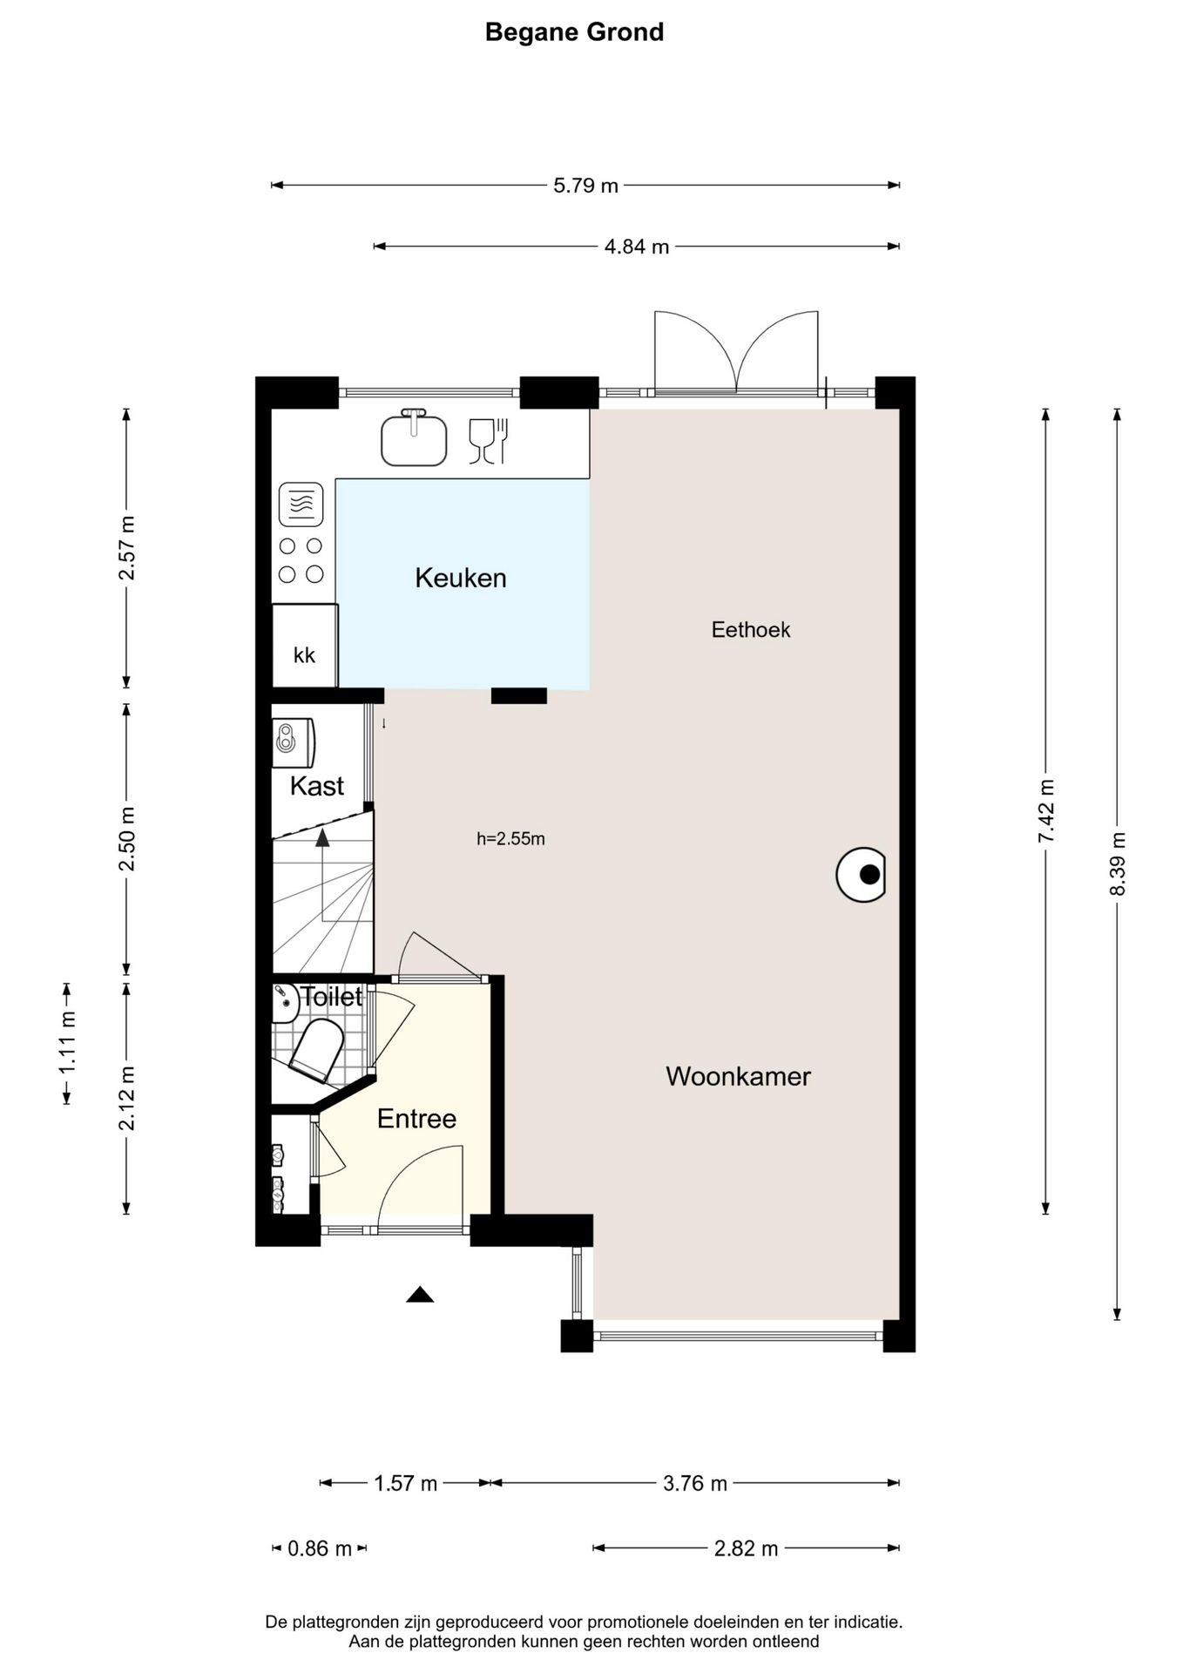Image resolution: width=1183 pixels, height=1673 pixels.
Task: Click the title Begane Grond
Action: point(574,32)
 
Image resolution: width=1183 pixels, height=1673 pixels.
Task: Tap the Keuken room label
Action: point(460,578)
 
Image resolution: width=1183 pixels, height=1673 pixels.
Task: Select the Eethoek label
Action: point(751,630)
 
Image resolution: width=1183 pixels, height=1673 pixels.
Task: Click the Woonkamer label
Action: point(738,1076)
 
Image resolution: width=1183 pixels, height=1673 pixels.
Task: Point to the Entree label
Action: point(416,1119)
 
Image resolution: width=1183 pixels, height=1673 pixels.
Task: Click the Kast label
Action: point(316,786)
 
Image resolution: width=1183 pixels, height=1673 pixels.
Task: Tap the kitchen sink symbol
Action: point(414,437)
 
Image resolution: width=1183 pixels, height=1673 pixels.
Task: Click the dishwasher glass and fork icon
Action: point(489,441)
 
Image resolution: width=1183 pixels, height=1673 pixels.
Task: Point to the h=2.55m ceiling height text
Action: point(510,839)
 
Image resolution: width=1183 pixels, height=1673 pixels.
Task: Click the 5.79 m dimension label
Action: point(585,186)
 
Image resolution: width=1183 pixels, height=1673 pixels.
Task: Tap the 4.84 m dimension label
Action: point(637,247)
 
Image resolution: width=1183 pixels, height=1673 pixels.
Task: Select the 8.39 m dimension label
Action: point(1118,864)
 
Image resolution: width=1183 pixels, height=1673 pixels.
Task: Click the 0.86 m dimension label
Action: point(320,1548)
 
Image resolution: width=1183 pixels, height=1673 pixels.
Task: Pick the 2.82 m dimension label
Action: point(746,1548)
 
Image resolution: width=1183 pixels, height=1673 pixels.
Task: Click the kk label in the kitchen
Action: point(304,655)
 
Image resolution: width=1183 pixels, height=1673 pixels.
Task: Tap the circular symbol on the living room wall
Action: point(861,874)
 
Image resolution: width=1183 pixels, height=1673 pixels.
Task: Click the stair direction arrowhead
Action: point(322,837)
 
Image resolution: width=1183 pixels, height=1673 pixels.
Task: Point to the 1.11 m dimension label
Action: point(67,1043)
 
